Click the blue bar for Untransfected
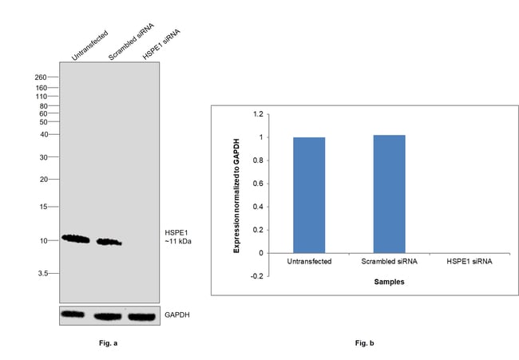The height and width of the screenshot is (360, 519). [308, 195]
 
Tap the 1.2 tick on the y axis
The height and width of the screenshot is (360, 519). [257, 114]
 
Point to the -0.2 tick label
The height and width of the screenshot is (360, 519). [256, 276]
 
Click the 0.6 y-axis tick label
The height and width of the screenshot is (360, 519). [257, 184]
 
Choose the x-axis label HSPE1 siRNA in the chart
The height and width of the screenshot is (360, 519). [469, 262]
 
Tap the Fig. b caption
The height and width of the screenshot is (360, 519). [364, 343]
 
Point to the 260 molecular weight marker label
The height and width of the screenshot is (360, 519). [42, 77]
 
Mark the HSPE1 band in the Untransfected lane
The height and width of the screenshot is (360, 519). [76, 238]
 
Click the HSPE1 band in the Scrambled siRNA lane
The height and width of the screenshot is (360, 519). [109, 241]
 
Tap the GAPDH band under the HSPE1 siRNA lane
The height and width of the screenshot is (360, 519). [142, 316]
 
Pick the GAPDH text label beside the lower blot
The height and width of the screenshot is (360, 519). [177, 315]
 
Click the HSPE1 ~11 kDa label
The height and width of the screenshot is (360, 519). [179, 236]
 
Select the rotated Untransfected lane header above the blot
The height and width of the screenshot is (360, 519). [89, 45]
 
